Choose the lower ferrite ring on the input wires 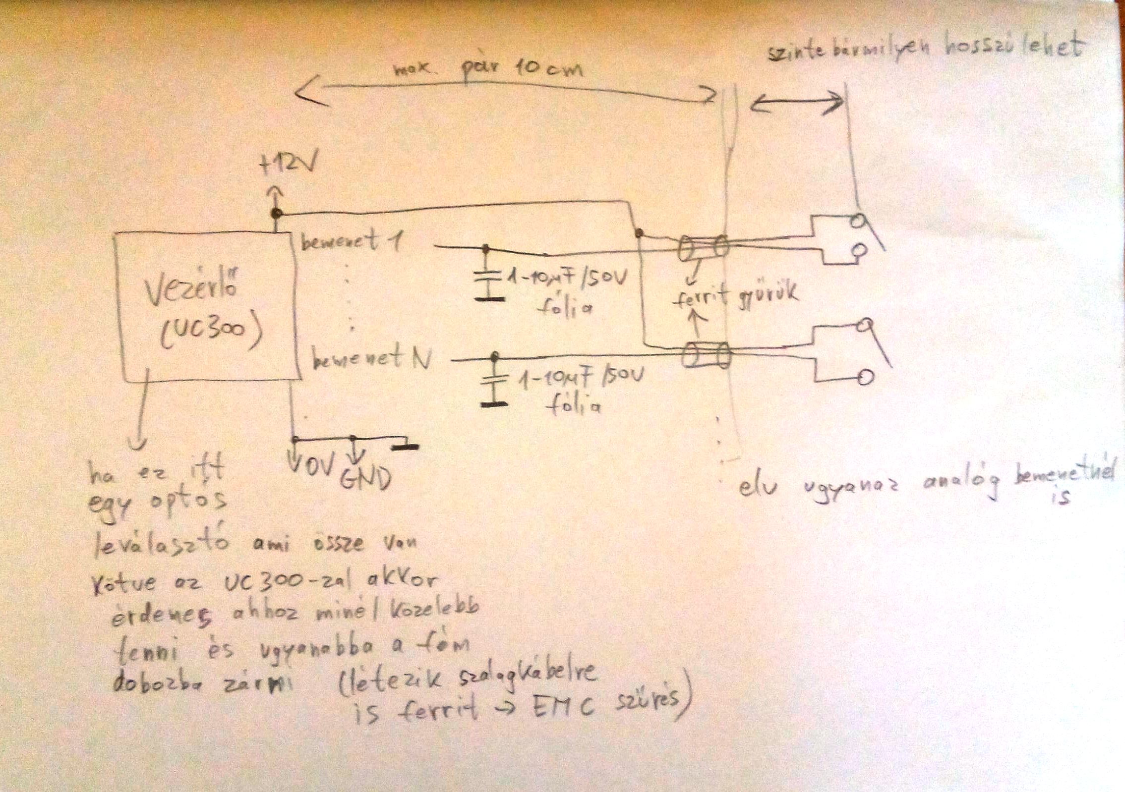706,355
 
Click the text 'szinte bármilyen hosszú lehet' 925,50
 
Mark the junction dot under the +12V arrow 276,214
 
